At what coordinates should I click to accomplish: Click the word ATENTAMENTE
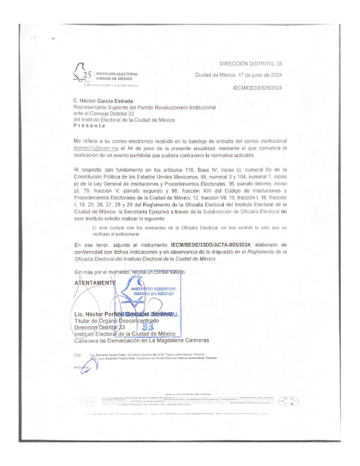[x=97, y=283]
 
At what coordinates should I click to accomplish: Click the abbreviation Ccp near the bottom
[x=77, y=355]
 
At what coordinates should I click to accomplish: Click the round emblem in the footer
[x=289, y=401]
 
